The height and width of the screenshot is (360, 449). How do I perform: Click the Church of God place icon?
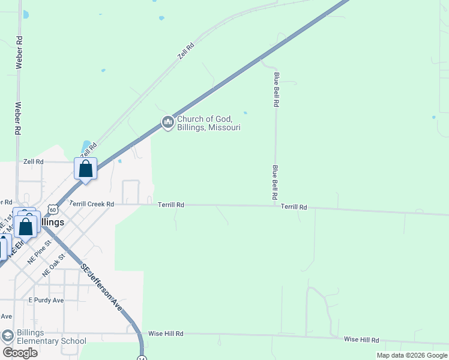tap(167, 123)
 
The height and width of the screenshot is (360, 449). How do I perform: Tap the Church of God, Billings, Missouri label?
tap(208, 123)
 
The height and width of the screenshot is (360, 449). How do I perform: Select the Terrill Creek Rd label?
tap(92, 204)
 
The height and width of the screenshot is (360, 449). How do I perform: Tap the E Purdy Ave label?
tap(46, 300)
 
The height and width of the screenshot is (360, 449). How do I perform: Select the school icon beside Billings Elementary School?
tap(7, 335)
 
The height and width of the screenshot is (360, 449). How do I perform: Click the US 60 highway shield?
tap(54, 209)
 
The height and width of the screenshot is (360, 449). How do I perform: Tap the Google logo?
tap(20, 353)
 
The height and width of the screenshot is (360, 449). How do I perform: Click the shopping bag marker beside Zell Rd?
tap(85, 169)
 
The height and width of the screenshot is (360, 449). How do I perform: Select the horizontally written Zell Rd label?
tap(34, 162)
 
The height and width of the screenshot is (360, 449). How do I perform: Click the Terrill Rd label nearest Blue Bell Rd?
tap(294, 207)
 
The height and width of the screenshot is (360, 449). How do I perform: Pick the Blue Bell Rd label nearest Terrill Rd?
tap(275, 182)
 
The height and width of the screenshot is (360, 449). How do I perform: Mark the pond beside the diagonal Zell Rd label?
tap(86, 145)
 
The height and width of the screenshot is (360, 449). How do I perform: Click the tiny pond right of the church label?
tap(245, 112)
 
